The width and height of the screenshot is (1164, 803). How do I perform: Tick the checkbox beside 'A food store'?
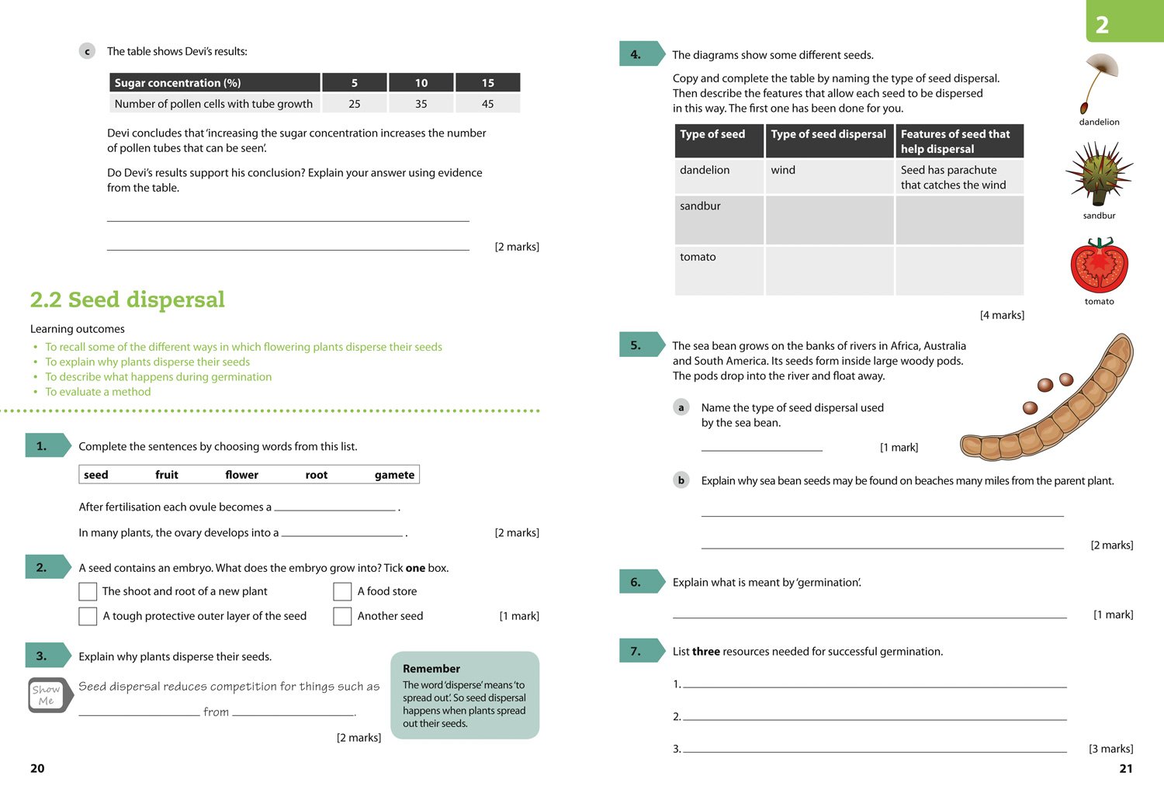pyautogui.click(x=342, y=591)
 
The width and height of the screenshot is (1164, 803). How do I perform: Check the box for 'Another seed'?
pyautogui.click(x=342, y=616)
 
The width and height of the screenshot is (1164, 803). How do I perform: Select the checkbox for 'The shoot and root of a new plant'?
pyautogui.click(x=88, y=591)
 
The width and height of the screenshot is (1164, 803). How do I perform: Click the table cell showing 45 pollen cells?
pyautogui.click(x=487, y=104)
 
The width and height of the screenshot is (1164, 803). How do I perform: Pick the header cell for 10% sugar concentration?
pyautogui.click(x=421, y=83)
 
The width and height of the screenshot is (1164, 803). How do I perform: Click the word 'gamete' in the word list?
pyautogui.click(x=394, y=475)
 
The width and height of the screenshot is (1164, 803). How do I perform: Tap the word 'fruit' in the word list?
pyautogui.click(x=166, y=475)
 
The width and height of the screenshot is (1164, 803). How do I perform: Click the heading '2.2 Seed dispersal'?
pyautogui.click(x=127, y=299)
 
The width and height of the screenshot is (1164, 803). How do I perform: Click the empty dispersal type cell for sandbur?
pyautogui.click(x=829, y=220)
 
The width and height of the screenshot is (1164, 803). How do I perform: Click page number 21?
pyautogui.click(x=1126, y=768)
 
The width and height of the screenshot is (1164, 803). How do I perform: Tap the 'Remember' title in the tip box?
pyautogui.click(x=431, y=669)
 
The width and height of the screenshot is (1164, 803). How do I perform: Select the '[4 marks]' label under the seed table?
pyautogui.click(x=1002, y=315)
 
